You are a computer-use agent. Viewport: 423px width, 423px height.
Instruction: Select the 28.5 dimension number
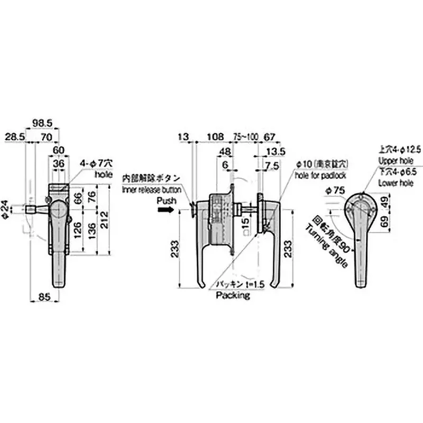coord(15,136)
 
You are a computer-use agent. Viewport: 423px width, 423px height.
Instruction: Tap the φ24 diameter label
coord(6,209)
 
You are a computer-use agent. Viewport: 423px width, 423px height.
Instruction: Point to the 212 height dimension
coord(106,218)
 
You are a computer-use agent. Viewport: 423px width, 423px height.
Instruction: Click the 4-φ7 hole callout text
coord(98,163)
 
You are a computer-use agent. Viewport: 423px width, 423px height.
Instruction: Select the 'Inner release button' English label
coord(152,189)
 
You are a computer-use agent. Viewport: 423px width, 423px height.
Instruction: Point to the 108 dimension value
coord(214,137)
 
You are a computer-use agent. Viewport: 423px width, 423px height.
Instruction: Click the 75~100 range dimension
coord(245,137)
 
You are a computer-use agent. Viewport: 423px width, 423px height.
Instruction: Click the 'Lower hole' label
coord(396,182)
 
